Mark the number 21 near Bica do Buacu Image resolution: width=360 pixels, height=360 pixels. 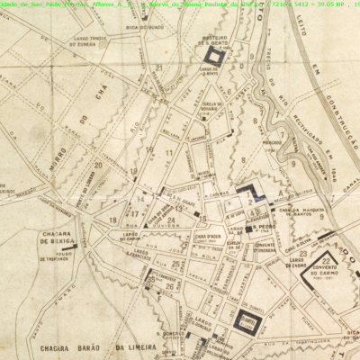157,67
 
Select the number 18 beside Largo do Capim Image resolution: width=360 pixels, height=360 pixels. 112,219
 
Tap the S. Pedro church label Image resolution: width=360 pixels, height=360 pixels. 265,226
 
